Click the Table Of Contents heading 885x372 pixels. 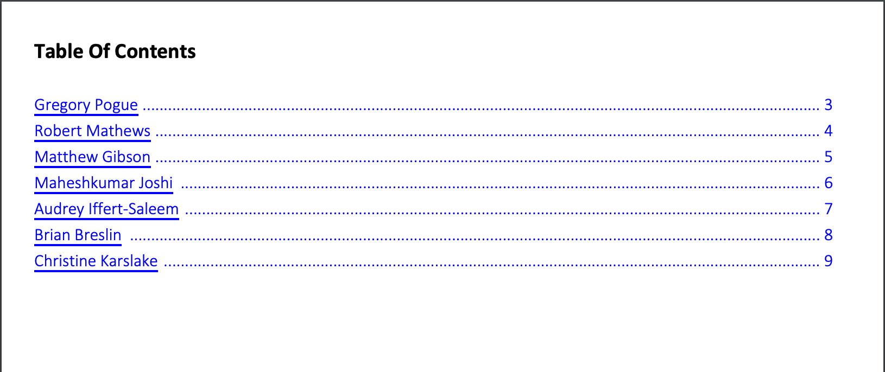point(115,52)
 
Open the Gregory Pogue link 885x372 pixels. point(86,105)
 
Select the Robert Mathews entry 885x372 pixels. point(92,131)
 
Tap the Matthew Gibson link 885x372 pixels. point(92,157)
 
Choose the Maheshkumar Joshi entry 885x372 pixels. point(103,183)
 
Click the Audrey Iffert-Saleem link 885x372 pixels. point(106,209)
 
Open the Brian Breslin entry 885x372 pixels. point(78,235)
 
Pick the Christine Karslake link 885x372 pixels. point(96,261)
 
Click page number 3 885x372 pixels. point(828,105)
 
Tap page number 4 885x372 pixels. point(828,131)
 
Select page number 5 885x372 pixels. point(828,157)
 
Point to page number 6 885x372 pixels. point(828,183)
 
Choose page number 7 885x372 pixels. point(828,209)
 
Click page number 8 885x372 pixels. point(828,235)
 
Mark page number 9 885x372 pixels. point(828,261)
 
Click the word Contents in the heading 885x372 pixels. point(155,52)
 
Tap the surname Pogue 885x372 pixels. point(116,105)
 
